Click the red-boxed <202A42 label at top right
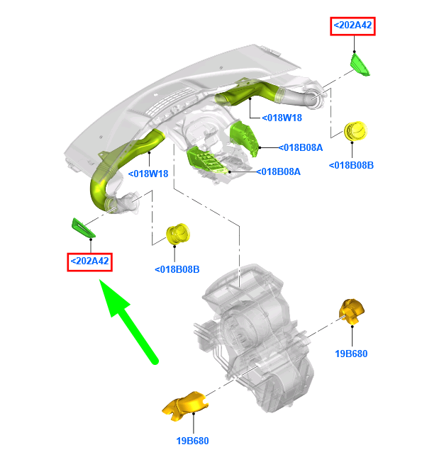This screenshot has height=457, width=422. pyautogui.click(x=352, y=26)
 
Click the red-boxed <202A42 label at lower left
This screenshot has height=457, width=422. pyautogui.click(x=89, y=262)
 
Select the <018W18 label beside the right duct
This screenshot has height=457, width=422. pyautogui.click(x=282, y=118)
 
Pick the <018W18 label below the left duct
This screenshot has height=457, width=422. pyautogui.click(x=148, y=174)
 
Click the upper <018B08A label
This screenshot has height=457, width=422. pyautogui.click(x=301, y=147)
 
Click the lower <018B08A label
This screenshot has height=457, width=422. pyautogui.click(x=278, y=171)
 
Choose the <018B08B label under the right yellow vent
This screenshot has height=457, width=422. pyautogui.click(x=351, y=165)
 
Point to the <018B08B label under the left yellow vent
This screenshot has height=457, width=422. pyautogui.click(x=177, y=269)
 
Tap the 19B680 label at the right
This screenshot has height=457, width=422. pyautogui.click(x=351, y=354)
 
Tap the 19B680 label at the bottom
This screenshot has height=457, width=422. pyautogui.click(x=193, y=441)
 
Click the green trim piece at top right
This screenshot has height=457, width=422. pyautogui.click(x=360, y=65)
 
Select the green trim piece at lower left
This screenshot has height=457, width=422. pyautogui.click(x=83, y=228)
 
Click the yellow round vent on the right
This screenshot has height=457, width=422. pyautogui.click(x=355, y=131)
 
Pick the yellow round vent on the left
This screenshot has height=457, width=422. pyautogui.click(x=178, y=234)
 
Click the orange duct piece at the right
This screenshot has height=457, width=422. pyautogui.click(x=352, y=311)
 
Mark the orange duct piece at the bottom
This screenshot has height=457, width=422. pyautogui.click(x=185, y=406)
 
